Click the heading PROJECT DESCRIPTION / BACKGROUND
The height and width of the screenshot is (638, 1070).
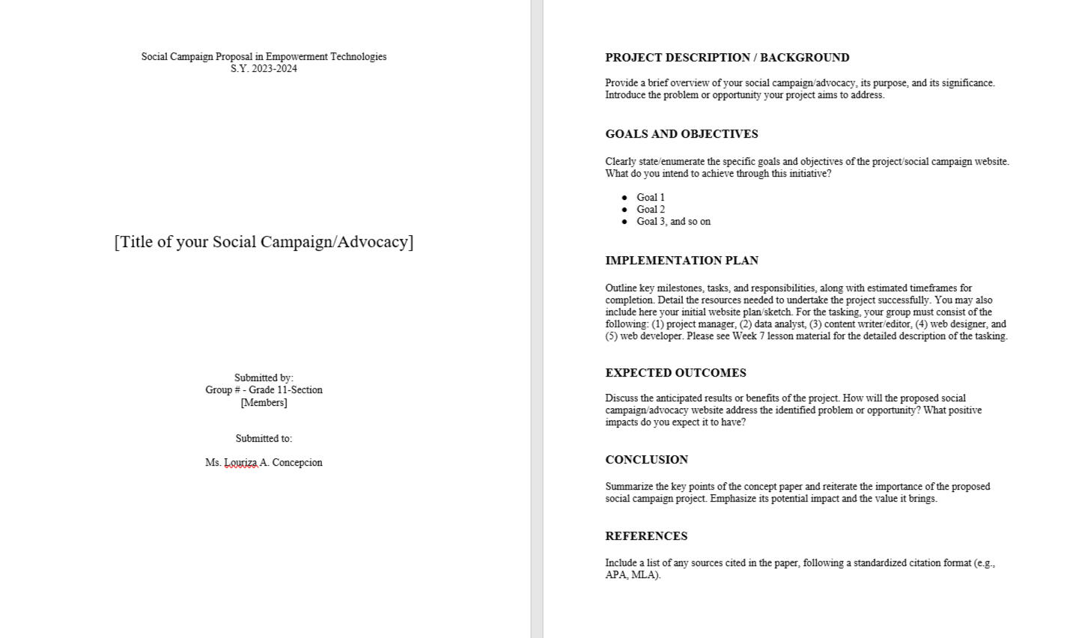727,58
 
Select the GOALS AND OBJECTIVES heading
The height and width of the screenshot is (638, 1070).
681,134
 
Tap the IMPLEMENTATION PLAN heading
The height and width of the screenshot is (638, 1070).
681,261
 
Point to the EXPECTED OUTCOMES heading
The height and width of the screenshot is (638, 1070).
675,373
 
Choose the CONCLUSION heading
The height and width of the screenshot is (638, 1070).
646,460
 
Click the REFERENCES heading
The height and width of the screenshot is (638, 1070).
646,536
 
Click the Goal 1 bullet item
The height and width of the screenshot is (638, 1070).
650,198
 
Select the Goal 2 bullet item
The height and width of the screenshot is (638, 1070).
650,210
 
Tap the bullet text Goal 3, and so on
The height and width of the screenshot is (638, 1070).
673,222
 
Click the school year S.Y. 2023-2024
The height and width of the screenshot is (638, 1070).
264,69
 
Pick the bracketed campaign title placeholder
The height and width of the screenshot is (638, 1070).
264,242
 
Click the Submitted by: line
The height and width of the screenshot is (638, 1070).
264,378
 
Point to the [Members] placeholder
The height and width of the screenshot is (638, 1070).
264,403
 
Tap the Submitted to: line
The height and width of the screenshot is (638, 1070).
264,439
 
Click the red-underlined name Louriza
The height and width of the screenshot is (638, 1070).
240,463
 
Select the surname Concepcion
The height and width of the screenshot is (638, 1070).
297,463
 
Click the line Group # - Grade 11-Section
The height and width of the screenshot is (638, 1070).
264,390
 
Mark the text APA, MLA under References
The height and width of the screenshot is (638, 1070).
631,575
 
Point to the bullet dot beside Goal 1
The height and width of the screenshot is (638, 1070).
624,198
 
